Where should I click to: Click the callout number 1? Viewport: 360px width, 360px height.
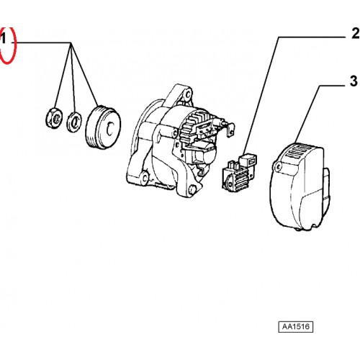(3, 38)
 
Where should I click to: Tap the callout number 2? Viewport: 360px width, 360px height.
(356, 33)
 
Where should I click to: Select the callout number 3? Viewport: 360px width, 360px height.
(354, 81)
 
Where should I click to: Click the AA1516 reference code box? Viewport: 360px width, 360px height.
(296, 327)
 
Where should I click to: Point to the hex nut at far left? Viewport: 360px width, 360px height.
(54, 117)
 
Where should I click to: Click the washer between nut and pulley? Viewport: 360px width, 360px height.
(74, 122)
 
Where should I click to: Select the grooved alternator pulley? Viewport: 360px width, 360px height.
(104, 127)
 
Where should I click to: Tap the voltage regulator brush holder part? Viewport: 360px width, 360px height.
(239, 173)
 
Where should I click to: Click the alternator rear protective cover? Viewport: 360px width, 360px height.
(300, 187)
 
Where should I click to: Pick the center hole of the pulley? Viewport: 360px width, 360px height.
(110, 130)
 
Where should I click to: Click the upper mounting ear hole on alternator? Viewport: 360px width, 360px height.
(188, 93)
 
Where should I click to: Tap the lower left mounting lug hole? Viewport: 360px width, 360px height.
(145, 178)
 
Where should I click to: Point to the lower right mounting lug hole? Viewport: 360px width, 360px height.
(192, 189)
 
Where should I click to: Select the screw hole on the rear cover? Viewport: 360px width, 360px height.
(279, 166)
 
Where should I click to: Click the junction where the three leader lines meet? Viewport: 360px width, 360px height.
(71, 43)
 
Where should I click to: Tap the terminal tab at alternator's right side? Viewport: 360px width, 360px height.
(229, 130)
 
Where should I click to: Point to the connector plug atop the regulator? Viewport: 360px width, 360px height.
(248, 161)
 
